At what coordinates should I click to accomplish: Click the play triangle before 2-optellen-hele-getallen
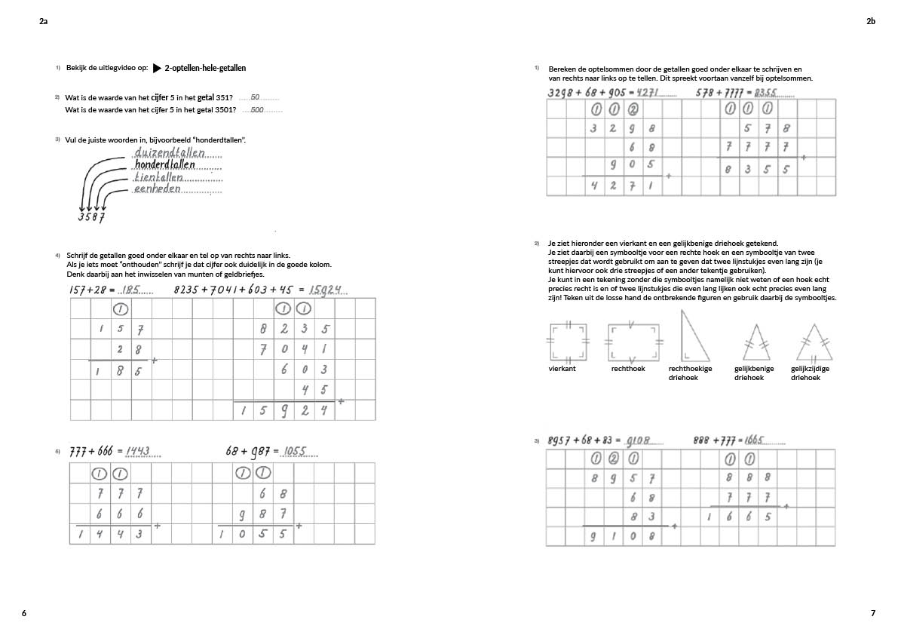click(x=157, y=68)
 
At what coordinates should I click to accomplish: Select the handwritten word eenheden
click(x=158, y=189)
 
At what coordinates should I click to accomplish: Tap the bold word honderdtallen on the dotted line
click(x=164, y=164)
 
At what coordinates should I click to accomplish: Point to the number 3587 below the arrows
click(x=91, y=218)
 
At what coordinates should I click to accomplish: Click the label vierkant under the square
click(x=562, y=369)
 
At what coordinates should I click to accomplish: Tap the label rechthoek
click(x=627, y=369)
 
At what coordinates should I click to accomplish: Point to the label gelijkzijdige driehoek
click(x=810, y=373)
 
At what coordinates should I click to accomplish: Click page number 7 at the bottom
click(x=873, y=613)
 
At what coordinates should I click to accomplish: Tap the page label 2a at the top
click(x=44, y=22)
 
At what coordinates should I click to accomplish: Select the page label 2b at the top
click(x=871, y=22)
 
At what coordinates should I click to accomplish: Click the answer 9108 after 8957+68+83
click(x=638, y=440)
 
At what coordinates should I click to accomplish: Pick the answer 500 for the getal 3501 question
click(x=257, y=110)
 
